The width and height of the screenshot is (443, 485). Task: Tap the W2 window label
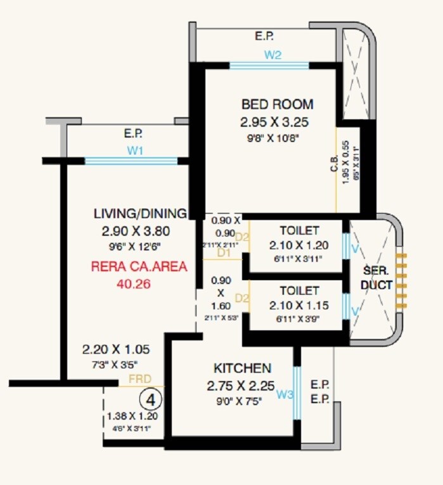click(273, 55)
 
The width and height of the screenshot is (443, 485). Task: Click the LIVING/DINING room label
click(140, 213)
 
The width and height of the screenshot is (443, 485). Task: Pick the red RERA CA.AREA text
click(140, 267)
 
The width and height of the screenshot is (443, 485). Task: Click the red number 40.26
click(133, 284)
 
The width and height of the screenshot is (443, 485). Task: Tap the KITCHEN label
click(242, 368)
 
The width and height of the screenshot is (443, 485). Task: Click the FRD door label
click(139, 379)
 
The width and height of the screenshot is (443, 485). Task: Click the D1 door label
click(223, 253)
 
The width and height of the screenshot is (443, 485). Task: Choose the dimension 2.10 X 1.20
click(299, 245)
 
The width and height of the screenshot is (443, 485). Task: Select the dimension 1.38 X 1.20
click(132, 417)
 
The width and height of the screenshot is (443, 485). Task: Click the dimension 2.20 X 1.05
click(114, 349)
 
